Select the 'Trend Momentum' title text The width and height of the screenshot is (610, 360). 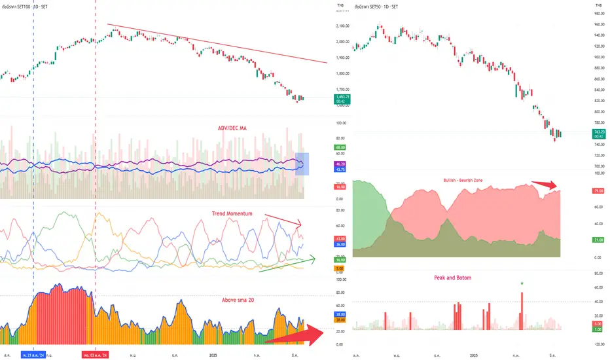coord(234,214)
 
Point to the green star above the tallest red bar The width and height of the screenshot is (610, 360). coord(522,283)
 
